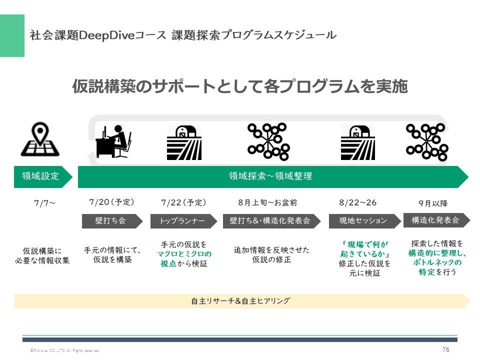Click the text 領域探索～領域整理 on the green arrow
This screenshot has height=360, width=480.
point(270,176)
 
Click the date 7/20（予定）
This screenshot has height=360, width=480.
point(111,202)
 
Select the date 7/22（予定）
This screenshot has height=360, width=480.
point(183,203)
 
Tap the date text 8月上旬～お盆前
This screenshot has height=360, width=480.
point(267,203)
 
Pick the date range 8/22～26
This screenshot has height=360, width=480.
point(357,203)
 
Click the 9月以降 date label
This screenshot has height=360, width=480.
point(433,203)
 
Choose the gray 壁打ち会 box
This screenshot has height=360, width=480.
point(112,220)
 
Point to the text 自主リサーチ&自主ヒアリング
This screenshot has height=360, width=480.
point(240,301)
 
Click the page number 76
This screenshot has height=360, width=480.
point(446,349)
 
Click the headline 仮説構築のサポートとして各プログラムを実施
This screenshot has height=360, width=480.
point(240,86)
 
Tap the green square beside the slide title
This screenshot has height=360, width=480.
point(12,35)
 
